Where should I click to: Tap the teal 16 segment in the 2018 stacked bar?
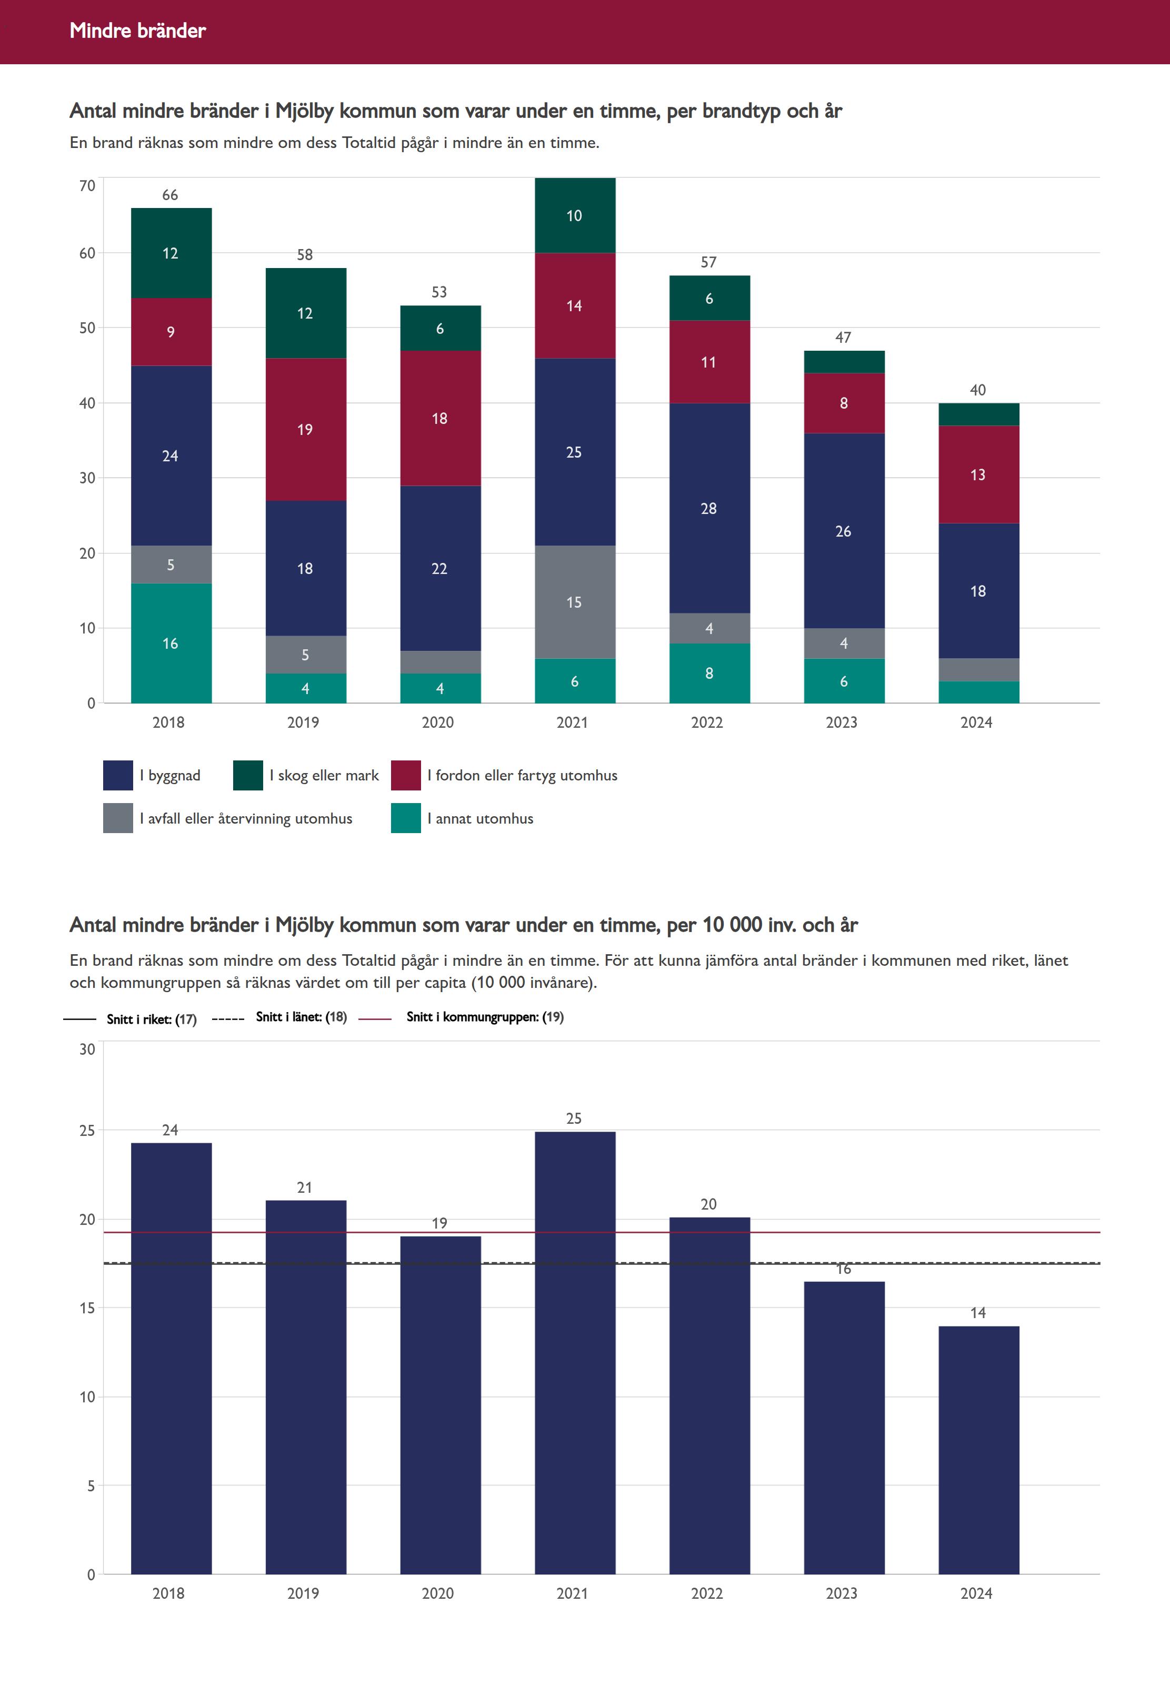coord(171,643)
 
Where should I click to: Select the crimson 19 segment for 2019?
coord(305,429)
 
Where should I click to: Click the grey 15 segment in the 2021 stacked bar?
coord(574,602)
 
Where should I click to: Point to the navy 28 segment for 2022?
coord(709,508)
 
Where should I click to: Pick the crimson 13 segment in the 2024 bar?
coord(978,474)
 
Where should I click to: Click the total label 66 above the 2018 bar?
coord(170,195)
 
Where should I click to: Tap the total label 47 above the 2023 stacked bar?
coord(843,338)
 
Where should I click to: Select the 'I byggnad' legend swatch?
coord(118,775)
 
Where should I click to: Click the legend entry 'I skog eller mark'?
coord(324,775)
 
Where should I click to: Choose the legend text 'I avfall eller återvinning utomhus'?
coord(246,818)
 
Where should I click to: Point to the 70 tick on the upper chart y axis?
coord(87,185)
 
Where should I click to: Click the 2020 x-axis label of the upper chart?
coord(438,723)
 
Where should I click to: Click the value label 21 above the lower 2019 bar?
coord(305,1188)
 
